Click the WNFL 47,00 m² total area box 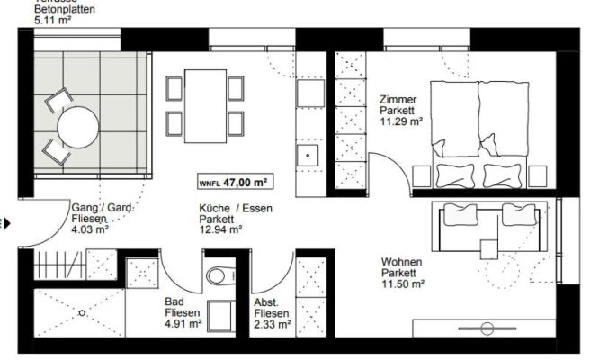(x=235, y=182)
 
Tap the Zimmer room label (x=398, y=99)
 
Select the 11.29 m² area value (x=401, y=122)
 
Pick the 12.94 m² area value (x=221, y=229)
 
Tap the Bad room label (x=174, y=302)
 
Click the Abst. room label (x=267, y=302)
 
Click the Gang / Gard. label (x=103, y=208)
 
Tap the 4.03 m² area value (x=90, y=229)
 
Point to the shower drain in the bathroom (x=82, y=313)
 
